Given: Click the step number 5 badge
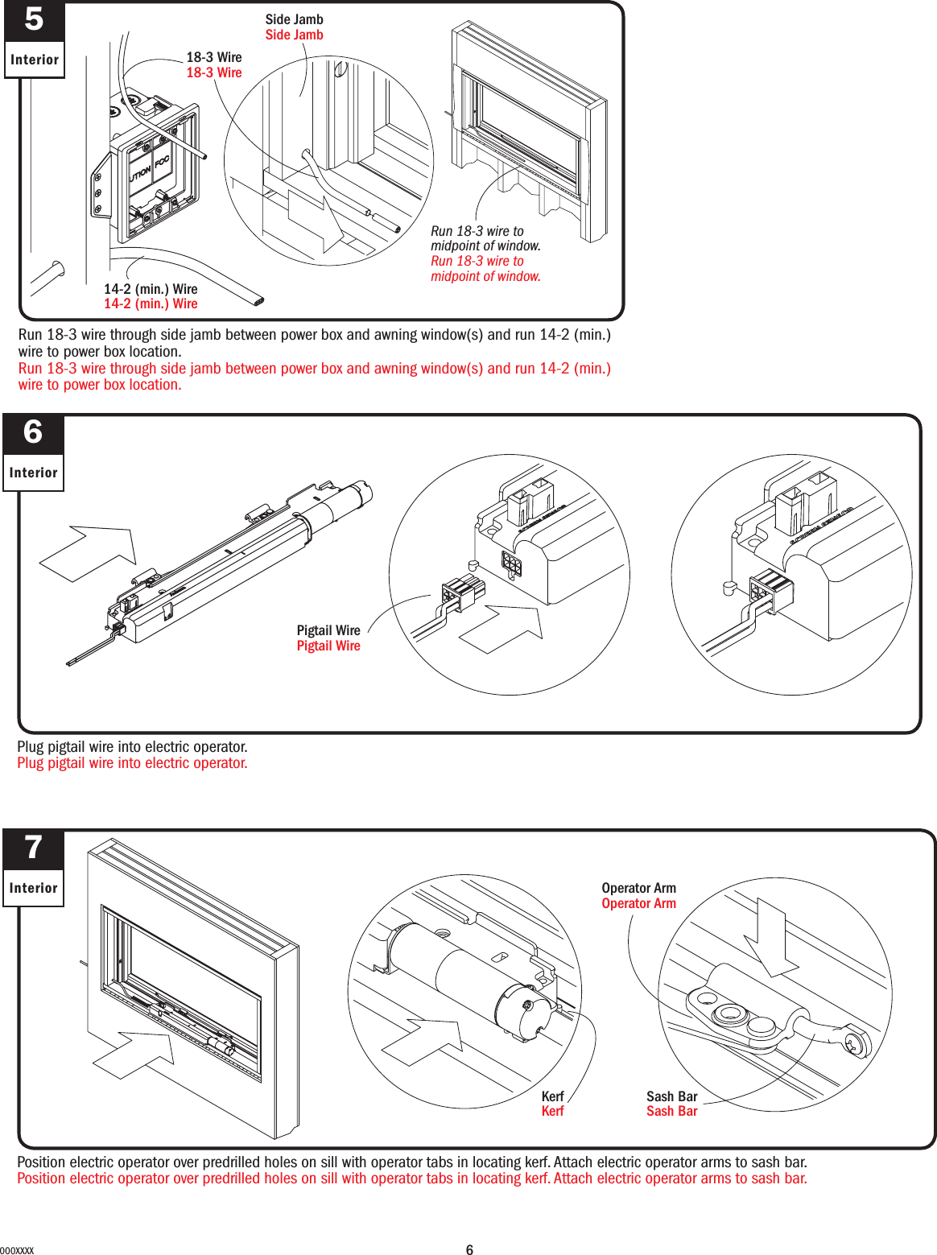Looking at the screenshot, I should pyautogui.click(x=34, y=20).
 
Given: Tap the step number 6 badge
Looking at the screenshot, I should pyautogui.click(x=33, y=433).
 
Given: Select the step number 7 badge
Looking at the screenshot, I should pyautogui.click(x=33, y=848).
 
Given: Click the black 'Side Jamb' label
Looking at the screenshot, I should pyautogui.click(x=294, y=19).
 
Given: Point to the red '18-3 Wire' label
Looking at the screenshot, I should pyautogui.click(x=214, y=72).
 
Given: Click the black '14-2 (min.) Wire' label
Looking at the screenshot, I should pyautogui.click(x=151, y=289).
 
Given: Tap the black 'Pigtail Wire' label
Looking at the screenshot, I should pyautogui.click(x=328, y=630).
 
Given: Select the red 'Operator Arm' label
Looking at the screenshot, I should pyautogui.click(x=638, y=903).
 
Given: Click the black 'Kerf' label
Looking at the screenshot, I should pyautogui.click(x=552, y=1096).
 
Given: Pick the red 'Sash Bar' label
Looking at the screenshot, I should pyautogui.click(x=671, y=1111).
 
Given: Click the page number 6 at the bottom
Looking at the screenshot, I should pyautogui.click(x=469, y=1249).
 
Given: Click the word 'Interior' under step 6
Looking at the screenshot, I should pyautogui.click(x=33, y=473).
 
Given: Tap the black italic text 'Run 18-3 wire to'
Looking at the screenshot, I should pyautogui.click(x=477, y=231).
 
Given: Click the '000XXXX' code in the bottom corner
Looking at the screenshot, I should pyautogui.click(x=17, y=1250).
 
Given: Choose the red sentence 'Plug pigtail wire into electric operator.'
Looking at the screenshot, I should pyautogui.click(x=132, y=763).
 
